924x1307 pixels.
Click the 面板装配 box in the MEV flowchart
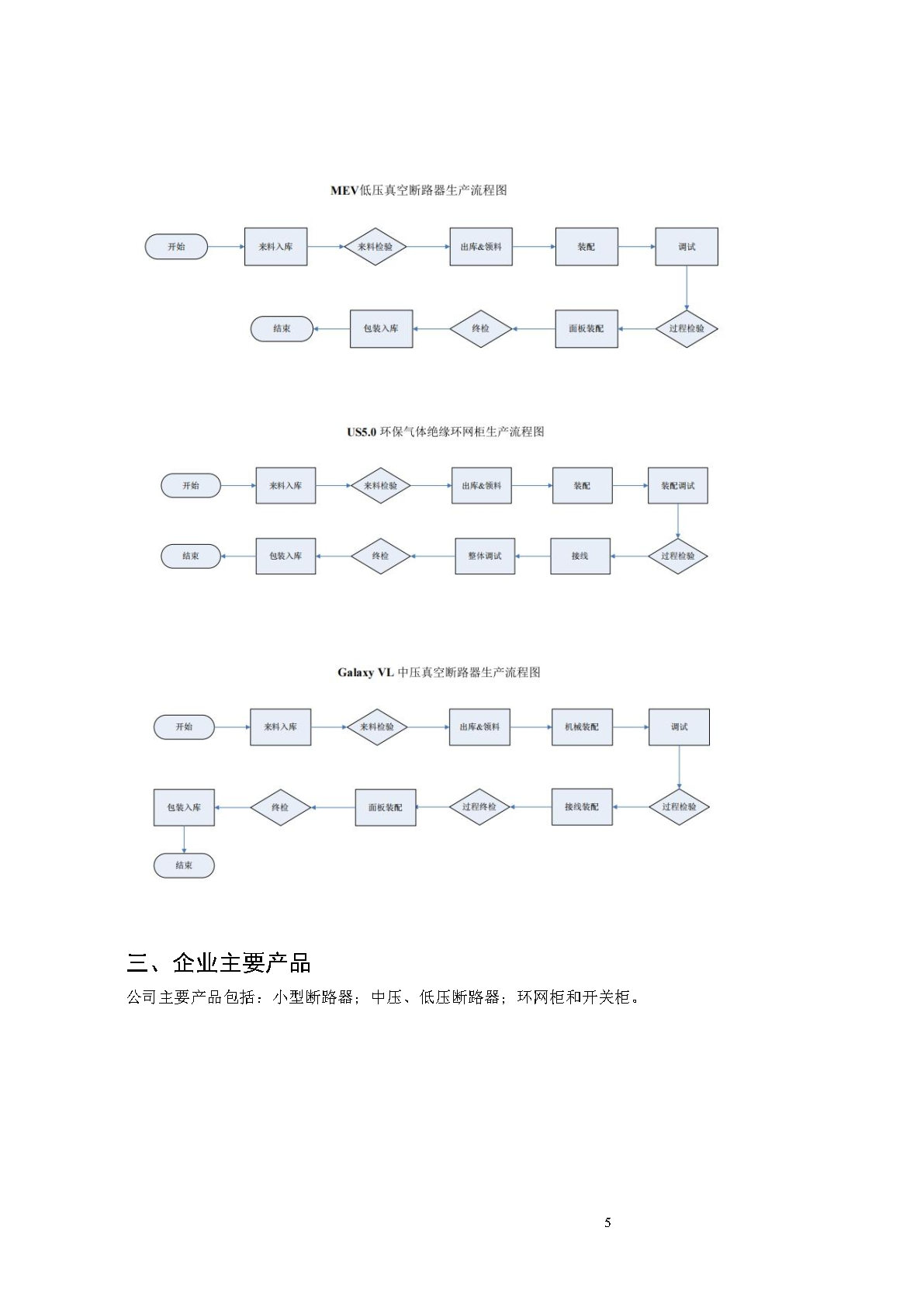[587, 328]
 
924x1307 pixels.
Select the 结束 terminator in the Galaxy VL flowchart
[184, 865]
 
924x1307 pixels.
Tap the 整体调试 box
[485, 556]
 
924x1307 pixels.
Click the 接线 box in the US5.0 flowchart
[580, 556]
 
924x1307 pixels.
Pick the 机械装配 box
[582, 727]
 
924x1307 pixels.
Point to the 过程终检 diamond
[479, 807]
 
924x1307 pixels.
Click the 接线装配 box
[582, 807]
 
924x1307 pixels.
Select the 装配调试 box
[677, 485]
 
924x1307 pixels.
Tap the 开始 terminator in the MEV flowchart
[176, 247]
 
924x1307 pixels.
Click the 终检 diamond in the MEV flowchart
[480, 328]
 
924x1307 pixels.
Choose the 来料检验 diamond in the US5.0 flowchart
[380, 485]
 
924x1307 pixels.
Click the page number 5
[607, 1222]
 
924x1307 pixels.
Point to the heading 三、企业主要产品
[218, 962]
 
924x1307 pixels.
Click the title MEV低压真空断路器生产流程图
[418, 190]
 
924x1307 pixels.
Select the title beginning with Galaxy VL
[438, 672]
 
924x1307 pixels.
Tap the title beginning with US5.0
[445, 432]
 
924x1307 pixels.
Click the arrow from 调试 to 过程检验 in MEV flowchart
[687, 288]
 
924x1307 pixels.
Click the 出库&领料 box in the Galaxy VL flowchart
[479, 727]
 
